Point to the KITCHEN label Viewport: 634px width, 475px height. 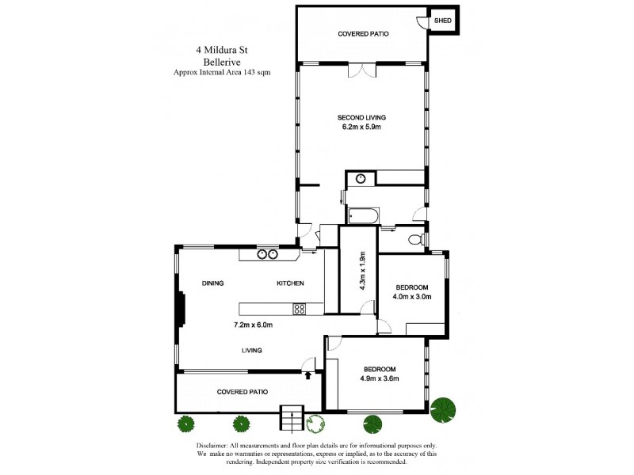pos(289,283)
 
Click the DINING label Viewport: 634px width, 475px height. pos(212,283)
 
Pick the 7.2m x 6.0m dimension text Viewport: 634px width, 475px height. pos(253,324)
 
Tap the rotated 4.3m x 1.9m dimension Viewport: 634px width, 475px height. pos(362,272)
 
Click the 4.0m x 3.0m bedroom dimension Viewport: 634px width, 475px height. pos(411,297)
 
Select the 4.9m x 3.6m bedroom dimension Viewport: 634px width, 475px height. pos(380,378)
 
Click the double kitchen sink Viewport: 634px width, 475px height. pos(266,254)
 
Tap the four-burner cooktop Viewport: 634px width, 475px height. pos(300,310)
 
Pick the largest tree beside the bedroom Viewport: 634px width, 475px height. pos(445,408)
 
